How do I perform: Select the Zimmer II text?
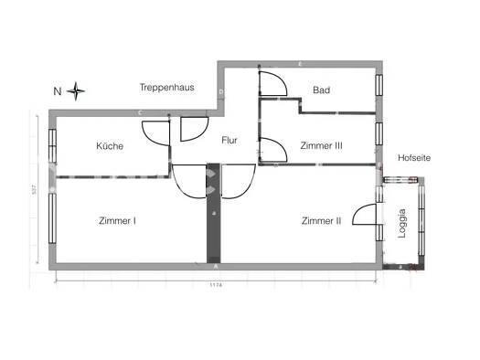click(321, 220)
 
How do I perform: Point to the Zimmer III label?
click(321, 145)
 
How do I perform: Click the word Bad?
click(321, 90)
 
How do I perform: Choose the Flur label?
click(230, 141)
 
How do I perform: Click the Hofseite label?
click(414, 158)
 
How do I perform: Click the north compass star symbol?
click(76, 90)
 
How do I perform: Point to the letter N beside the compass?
click(57, 90)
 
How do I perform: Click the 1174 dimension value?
click(216, 284)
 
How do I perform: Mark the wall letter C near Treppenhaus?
click(140, 112)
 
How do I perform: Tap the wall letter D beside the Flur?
click(220, 92)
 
